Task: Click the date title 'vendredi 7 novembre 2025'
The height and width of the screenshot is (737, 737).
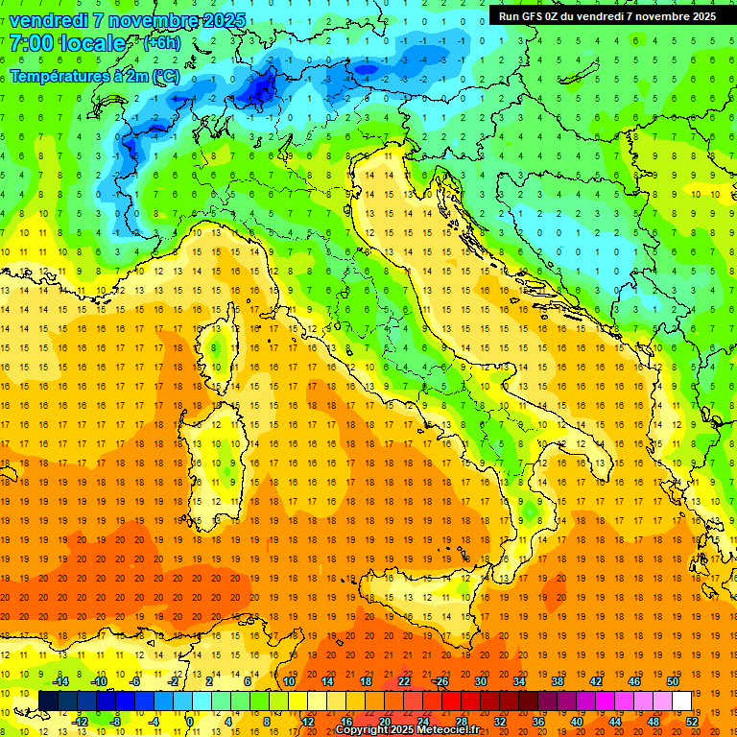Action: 128,20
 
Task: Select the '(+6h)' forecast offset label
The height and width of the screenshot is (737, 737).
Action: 165,44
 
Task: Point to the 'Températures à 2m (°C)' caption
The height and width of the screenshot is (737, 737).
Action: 94,75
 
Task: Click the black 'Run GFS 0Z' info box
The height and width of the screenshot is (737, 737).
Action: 606,16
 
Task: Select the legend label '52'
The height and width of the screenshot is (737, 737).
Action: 692,721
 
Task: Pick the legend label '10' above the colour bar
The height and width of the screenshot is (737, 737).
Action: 288,680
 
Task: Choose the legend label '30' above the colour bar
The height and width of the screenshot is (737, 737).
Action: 480,680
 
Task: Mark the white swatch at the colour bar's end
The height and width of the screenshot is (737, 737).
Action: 681,701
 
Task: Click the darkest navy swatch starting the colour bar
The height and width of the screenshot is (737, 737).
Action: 48,701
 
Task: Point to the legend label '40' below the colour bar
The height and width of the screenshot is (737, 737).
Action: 576,721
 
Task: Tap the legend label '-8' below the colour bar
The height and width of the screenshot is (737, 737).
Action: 116,721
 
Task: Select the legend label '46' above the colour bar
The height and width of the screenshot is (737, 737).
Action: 633,680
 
